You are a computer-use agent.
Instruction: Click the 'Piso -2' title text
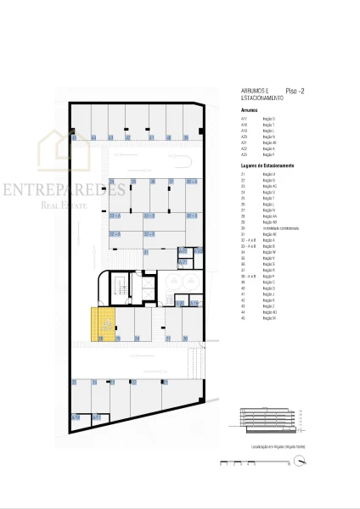click(295, 89)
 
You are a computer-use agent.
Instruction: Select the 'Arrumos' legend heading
click(249, 110)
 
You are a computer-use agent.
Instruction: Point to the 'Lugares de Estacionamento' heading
click(267, 165)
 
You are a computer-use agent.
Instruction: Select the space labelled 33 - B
click(149, 216)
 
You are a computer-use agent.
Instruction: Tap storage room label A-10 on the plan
click(76, 417)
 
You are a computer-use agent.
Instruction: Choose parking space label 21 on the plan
click(146, 252)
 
